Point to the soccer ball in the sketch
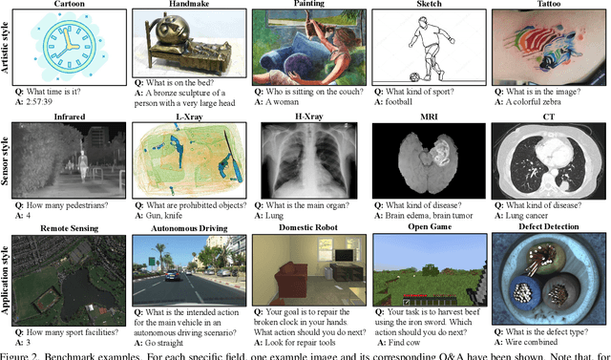(389, 76)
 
